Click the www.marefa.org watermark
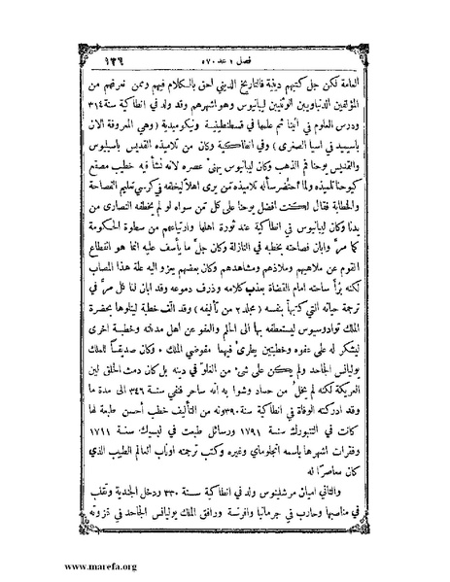[48, 564]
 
